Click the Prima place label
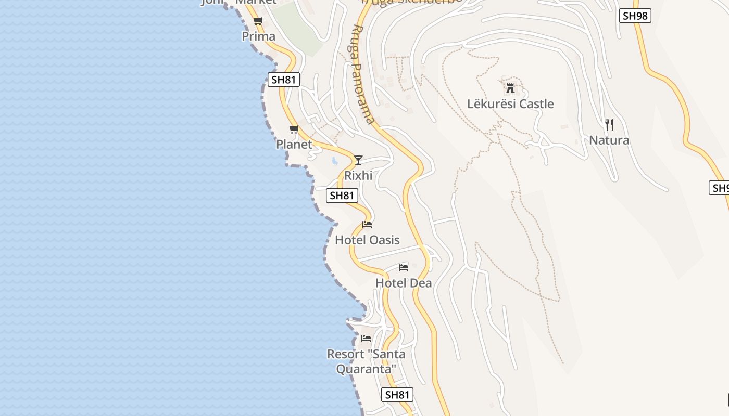(258, 36)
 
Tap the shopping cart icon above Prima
(258, 21)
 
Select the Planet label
(294, 144)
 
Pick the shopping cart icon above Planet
(294, 129)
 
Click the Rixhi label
(358, 175)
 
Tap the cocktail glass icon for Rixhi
(358, 160)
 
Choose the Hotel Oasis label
(367, 240)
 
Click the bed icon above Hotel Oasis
(367, 225)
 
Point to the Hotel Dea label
(404, 283)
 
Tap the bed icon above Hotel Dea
(404, 268)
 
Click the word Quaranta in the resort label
(366, 369)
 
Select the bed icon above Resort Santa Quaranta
(366, 339)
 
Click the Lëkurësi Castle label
(510, 103)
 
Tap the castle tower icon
(510, 88)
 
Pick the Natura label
(609, 140)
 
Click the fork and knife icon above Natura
(609, 125)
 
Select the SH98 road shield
(635, 16)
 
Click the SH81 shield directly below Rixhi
(342, 196)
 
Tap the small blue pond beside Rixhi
(334, 161)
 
